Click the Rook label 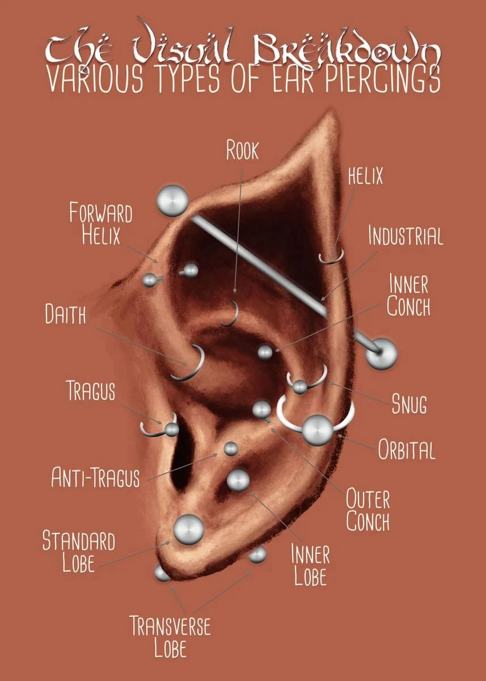242,150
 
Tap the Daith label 66,314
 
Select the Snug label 409,403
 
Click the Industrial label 406,236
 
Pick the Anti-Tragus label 95,477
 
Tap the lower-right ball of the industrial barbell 382,354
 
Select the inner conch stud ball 265,352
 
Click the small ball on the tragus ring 172,430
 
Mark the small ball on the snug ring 300,387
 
